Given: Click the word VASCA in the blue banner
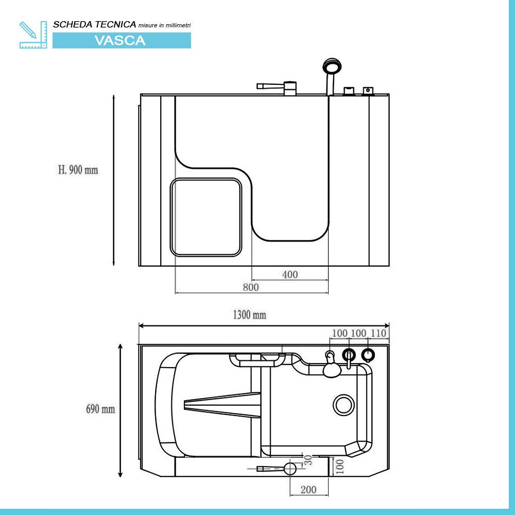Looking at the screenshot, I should (120, 41).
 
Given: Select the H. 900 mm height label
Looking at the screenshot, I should (78, 170).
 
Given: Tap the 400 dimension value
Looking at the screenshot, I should (290, 274).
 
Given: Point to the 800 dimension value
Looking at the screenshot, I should (251, 287).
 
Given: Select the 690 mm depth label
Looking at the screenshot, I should (100, 409).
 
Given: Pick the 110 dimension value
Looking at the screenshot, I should (378, 333).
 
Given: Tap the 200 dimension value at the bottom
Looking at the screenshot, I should (308, 490).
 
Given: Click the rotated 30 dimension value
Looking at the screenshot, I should (308, 460).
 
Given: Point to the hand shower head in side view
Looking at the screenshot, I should (332, 66).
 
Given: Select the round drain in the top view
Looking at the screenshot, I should (344, 405).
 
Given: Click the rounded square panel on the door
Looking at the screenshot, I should (206, 217).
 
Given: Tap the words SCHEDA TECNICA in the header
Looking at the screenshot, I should (95, 24).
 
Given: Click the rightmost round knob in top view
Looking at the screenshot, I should (368, 355).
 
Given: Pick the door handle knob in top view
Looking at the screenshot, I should (290, 468).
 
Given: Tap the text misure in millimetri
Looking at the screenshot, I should (165, 25).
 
